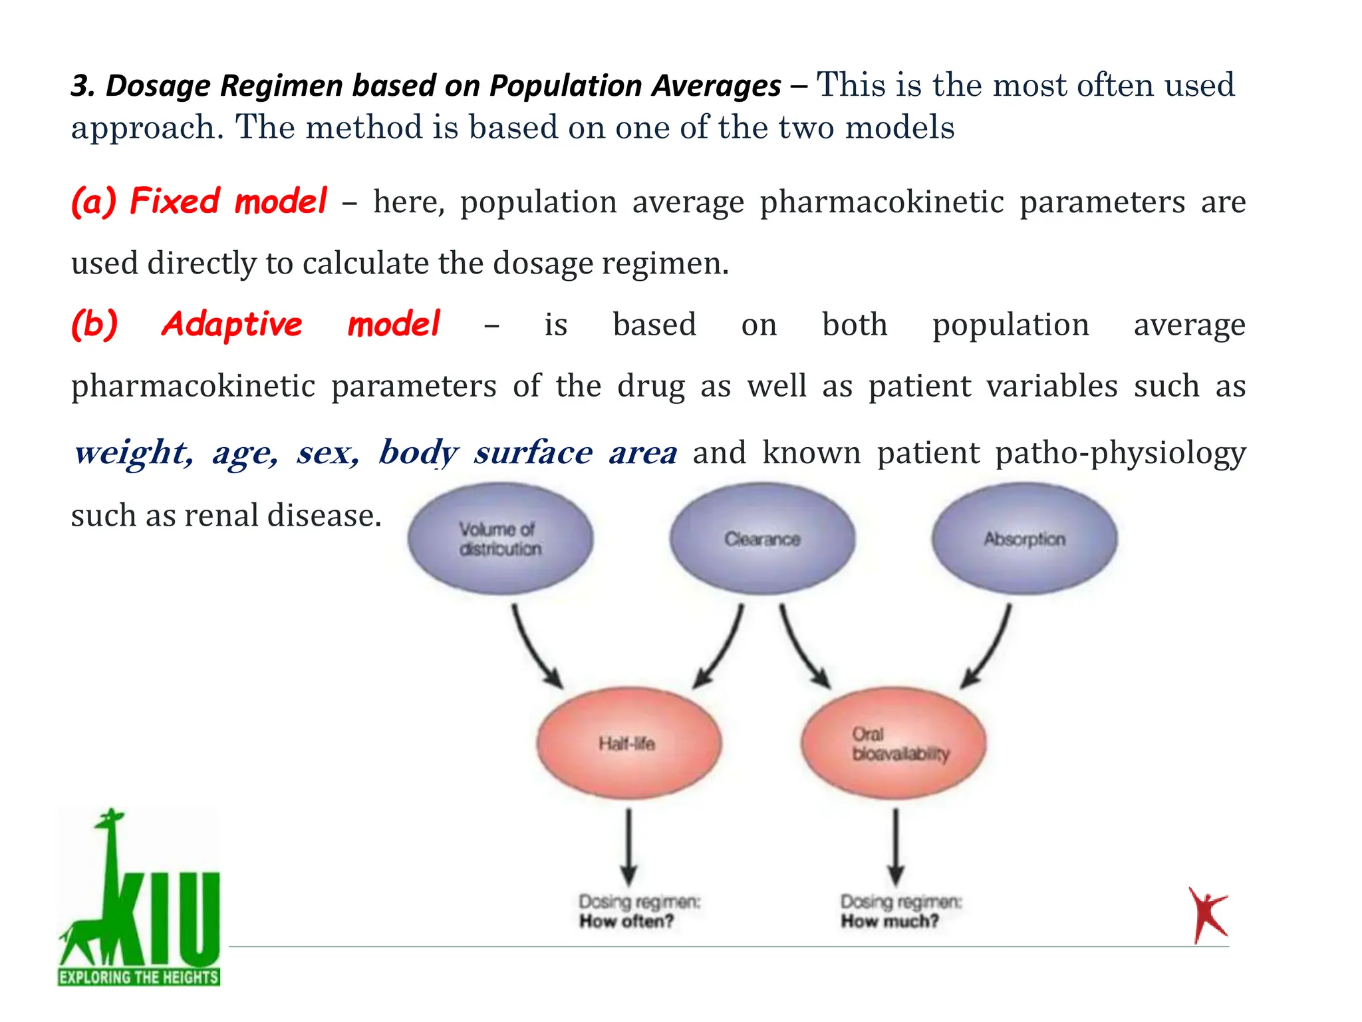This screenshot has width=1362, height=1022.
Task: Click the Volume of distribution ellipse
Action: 500,538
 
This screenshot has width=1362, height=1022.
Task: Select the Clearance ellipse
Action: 762,538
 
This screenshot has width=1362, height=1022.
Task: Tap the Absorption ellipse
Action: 1024,538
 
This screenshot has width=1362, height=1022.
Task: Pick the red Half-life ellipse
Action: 628,743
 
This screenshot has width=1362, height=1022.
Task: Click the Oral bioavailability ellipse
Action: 893,743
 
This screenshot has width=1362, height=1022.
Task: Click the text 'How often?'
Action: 626,922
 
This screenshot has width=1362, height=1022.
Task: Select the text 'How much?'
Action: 890,922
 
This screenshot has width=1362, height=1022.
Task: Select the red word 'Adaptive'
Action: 232,324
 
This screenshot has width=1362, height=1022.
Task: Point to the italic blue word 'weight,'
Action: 134,452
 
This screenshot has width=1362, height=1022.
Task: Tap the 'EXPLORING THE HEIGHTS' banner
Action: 139,977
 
